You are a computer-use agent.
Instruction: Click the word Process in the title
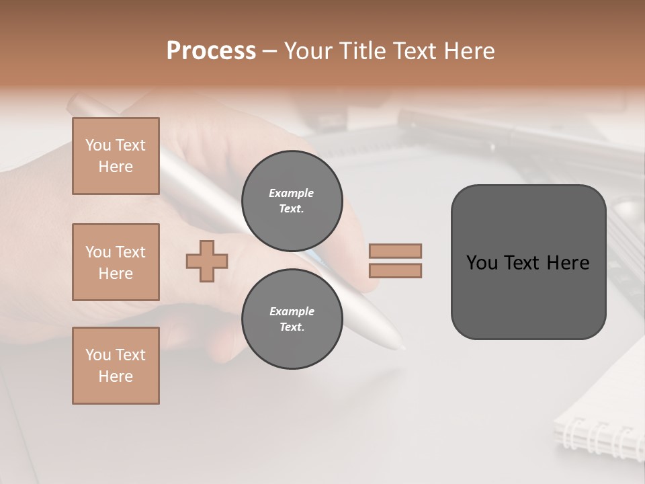click(x=211, y=50)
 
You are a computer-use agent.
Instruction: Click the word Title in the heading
click(x=363, y=50)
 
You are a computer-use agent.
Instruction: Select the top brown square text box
click(x=116, y=156)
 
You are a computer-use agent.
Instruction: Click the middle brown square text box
click(x=116, y=262)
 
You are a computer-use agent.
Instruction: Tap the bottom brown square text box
click(x=116, y=366)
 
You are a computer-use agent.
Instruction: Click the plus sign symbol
click(x=207, y=261)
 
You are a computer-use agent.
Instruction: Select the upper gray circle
click(x=292, y=201)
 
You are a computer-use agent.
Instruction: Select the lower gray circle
click(x=292, y=319)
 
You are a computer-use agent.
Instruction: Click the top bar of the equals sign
click(x=395, y=251)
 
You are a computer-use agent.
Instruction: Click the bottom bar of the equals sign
click(x=395, y=271)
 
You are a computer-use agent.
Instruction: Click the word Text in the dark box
click(x=521, y=262)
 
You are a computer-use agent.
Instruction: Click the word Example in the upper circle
click(x=292, y=193)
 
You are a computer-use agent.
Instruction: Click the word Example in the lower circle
click(x=292, y=311)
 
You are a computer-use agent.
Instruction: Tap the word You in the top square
click(x=98, y=145)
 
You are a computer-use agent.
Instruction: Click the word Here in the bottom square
click(x=116, y=376)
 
